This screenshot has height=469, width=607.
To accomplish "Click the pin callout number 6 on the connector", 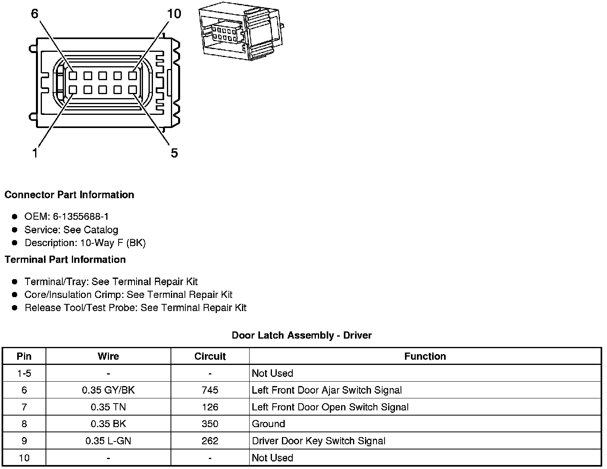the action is click(x=35, y=14).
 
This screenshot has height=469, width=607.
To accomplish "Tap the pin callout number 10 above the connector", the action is click(x=174, y=14).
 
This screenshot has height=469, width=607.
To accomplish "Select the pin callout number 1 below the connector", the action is click(x=35, y=153).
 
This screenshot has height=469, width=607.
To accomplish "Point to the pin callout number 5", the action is click(x=174, y=153).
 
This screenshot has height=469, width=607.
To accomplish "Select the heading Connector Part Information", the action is click(x=69, y=195).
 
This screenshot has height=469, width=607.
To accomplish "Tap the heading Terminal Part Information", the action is click(x=65, y=260).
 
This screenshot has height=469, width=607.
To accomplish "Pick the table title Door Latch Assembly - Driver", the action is click(x=302, y=335).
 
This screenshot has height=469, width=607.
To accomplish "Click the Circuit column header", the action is click(x=210, y=356).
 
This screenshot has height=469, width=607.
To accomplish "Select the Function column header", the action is click(x=425, y=356).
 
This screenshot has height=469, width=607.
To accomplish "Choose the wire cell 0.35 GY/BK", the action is click(x=108, y=390).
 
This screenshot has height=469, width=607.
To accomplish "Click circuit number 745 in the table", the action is click(x=210, y=390).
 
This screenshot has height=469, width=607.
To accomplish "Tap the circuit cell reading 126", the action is click(x=210, y=407).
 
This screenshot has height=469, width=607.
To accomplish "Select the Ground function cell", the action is click(x=268, y=424).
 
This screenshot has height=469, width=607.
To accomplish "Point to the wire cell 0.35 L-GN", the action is click(x=108, y=441).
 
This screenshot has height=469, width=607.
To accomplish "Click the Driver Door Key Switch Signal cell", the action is click(x=319, y=441).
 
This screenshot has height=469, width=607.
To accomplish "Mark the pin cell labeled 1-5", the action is click(x=24, y=373).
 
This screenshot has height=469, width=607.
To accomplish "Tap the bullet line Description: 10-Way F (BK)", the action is click(x=85, y=243).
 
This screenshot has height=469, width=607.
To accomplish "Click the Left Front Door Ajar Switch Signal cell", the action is click(x=327, y=390).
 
